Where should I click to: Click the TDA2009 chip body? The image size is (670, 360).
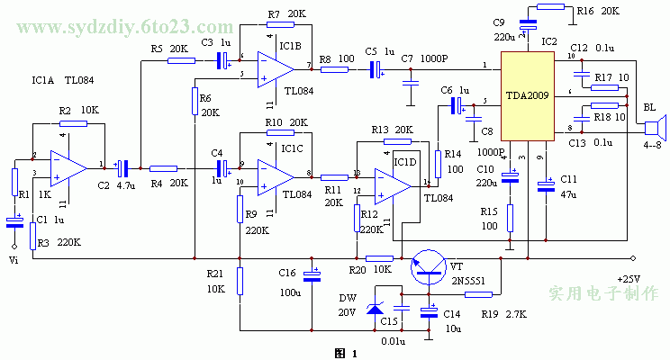pos(526,96)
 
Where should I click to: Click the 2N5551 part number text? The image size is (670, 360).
pos(469,280)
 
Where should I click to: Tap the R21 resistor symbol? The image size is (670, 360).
pos(240,280)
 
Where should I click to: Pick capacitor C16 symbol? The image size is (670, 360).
pos(312,275)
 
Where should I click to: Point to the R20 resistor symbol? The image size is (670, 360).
pos(380,259)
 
